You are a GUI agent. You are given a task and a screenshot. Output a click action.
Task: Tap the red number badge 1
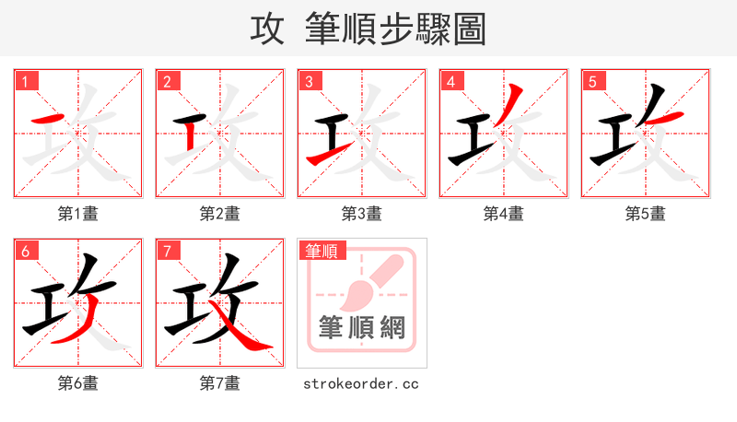[25, 81]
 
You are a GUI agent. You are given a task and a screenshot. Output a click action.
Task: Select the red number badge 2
[167, 81]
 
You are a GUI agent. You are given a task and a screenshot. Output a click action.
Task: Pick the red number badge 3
[309, 81]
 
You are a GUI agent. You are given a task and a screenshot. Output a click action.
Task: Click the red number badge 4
[450, 81]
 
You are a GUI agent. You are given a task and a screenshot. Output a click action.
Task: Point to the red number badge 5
[592, 81]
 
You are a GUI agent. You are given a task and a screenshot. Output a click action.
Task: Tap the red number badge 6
[25, 251]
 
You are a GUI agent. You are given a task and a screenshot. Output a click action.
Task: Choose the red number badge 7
[167, 251]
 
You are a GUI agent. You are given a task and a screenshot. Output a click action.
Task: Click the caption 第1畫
[78, 214]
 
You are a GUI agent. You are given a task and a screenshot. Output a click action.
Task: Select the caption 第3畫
[362, 214]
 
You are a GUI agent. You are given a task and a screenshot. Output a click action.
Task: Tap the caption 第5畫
[646, 214]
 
